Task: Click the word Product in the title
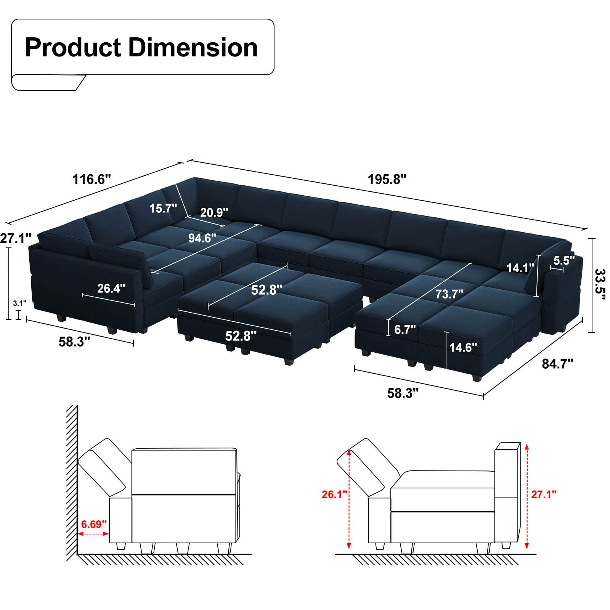click(x=73, y=48)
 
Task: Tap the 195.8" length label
click(x=387, y=179)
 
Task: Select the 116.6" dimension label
click(x=91, y=179)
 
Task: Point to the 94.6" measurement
click(x=202, y=238)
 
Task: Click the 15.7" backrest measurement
click(x=163, y=208)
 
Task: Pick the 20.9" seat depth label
click(x=214, y=212)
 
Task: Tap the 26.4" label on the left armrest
click(x=111, y=288)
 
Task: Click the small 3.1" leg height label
click(x=19, y=303)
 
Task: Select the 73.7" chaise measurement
click(x=449, y=294)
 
